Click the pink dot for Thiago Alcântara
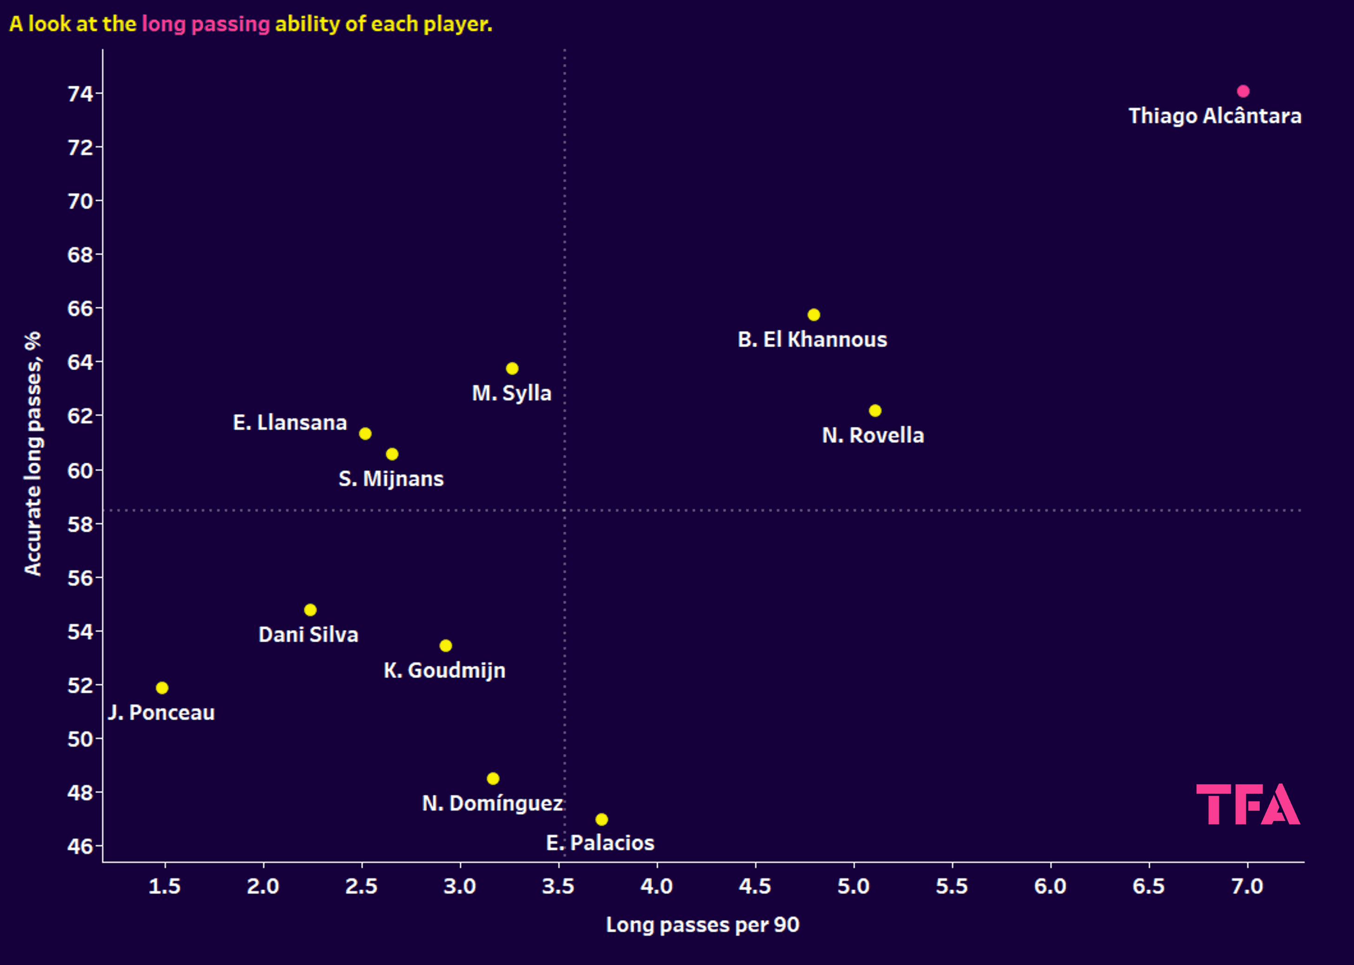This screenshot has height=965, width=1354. (1243, 92)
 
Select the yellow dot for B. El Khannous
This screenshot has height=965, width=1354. (814, 315)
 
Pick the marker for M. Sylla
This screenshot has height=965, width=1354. (512, 369)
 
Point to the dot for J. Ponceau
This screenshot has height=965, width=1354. (162, 688)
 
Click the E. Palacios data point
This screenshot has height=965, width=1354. (602, 820)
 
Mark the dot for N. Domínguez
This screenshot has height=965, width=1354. (493, 779)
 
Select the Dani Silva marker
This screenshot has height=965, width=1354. (310, 610)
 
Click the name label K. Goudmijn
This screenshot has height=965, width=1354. (444, 670)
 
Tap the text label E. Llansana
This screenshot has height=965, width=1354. (290, 423)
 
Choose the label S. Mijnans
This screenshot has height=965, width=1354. (391, 479)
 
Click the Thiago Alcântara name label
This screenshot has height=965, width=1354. (1215, 116)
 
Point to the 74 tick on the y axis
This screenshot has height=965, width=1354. (81, 94)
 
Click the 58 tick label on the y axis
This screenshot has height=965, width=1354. (81, 524)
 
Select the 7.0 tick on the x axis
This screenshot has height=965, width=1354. (1247, 886)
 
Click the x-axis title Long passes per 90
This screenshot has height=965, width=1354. (702, 925)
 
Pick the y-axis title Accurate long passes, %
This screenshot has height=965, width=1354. (33, 453)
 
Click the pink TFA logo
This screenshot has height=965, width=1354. (1248, 804)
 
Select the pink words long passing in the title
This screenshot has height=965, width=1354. (205, 24)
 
